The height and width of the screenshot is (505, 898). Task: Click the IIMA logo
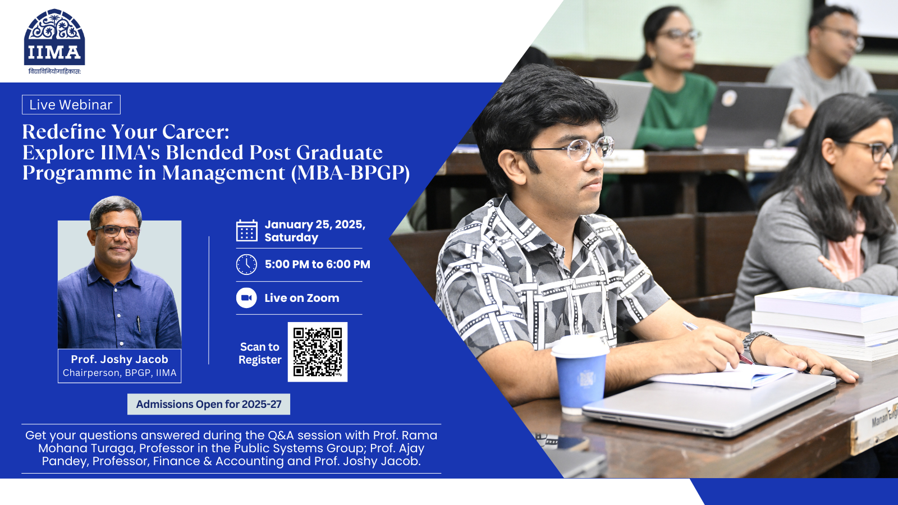(54, 37)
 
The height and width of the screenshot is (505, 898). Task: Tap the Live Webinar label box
(71, 104)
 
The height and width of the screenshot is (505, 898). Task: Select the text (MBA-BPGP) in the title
(350, 173)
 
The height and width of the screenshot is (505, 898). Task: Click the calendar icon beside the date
(246, 231)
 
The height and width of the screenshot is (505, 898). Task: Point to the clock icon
(246, 264)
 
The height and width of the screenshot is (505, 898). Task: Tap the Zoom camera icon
(246, 298)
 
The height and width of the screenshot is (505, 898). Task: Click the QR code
(318, 352)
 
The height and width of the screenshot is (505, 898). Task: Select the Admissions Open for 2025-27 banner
(208, 404)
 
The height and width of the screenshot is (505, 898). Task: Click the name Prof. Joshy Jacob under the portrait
(120, 359)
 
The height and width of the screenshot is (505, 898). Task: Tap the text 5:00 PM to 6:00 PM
(318, 264)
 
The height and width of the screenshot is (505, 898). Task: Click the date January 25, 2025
(315, 224)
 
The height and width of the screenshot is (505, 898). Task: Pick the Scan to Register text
(260, 353)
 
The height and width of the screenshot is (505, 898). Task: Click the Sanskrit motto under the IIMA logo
(54, 72)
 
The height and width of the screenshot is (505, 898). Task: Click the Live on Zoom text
(302, 298)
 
